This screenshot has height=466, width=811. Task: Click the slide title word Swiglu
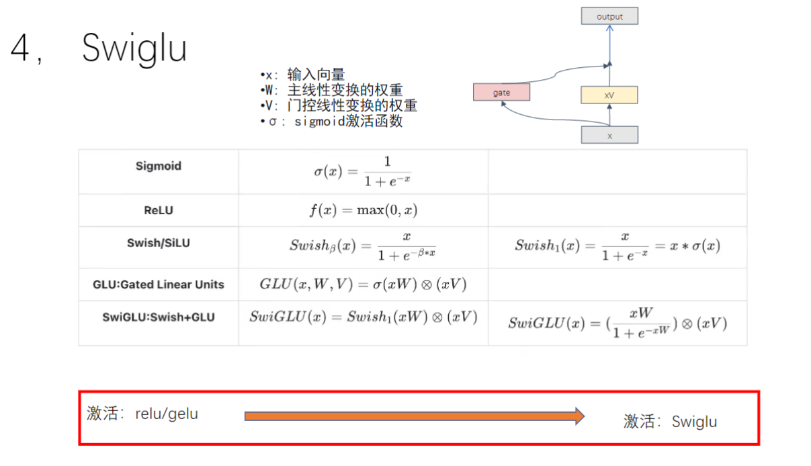coord(134,48)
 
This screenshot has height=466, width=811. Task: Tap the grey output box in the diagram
coord(609,16)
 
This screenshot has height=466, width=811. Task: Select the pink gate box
coord(501,92)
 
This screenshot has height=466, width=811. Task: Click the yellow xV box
coord(609,95)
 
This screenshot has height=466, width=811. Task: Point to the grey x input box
coord(609,135)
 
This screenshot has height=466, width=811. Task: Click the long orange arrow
coord(414,416)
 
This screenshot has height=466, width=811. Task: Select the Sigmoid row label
coord(159,167)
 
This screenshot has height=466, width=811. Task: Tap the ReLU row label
coord(159,210)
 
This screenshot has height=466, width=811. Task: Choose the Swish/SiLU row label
coord(159,243)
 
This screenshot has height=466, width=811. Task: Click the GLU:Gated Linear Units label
coord(159,285)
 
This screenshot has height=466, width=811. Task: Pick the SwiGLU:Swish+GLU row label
coord(159,317)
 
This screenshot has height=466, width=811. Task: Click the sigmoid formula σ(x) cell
coord(362,172)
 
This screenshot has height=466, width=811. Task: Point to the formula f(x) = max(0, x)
coord(363,210)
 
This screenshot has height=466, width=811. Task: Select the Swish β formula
coord(363,246)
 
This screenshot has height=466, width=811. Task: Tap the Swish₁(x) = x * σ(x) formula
coord(617,246)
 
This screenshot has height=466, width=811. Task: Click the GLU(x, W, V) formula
coord(363,284)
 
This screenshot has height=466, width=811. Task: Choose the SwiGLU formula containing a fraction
coord(617,323)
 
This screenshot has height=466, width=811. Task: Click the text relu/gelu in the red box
coord(167,413)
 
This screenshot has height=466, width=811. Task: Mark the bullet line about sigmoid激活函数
coord(332,122)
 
